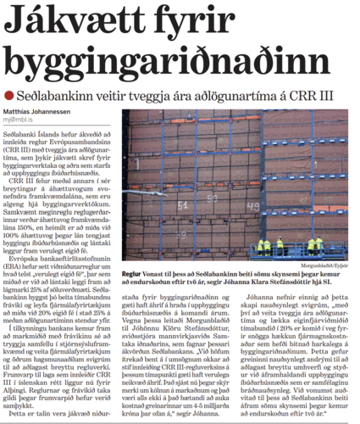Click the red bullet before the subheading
(x=8, y=94)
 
